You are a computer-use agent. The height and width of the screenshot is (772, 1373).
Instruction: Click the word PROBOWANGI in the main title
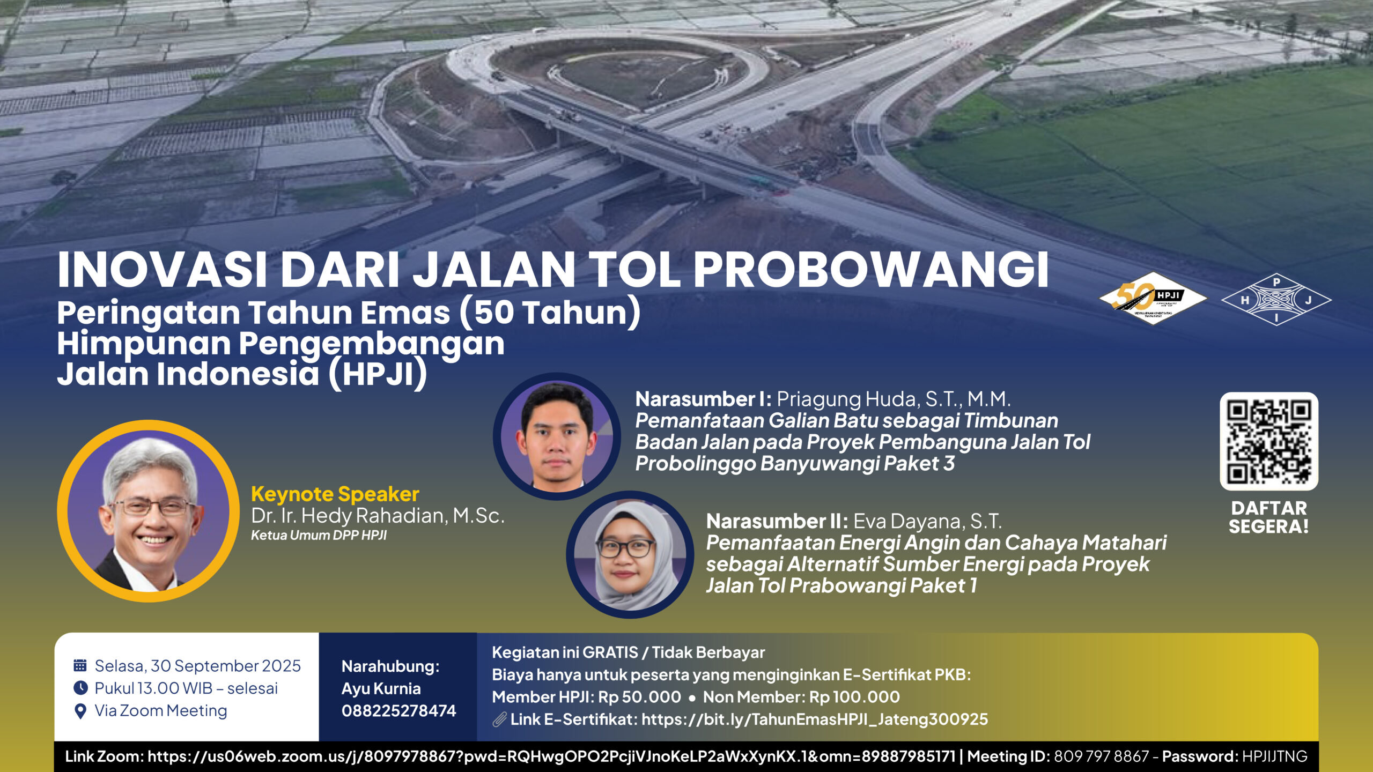click(x=870, y=269)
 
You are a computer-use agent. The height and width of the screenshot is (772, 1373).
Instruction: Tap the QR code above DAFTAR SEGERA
click(x=1269, y=441)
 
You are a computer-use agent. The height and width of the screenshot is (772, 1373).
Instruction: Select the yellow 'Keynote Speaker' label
click(x=335, y=494)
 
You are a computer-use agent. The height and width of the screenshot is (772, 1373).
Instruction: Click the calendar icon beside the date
click(x=80, y=665)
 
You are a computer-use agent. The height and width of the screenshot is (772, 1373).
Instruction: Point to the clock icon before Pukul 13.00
click(x=80, y=688)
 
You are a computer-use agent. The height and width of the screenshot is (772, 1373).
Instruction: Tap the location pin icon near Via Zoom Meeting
click(x=80, y=711)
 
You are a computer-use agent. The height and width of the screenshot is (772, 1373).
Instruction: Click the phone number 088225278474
click(x=398, y=711)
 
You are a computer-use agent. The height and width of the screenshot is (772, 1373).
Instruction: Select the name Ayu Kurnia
click(x=381, y=688)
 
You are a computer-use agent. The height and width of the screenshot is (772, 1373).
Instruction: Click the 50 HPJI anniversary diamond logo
click(x=1153, y=298)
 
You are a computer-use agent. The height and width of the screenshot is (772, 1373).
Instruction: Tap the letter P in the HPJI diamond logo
click(x=1276, y=281)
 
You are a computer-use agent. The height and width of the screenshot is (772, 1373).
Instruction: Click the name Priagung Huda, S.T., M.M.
click(x=894, y=399)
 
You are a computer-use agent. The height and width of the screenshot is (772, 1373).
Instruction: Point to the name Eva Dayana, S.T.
click(x=927, y=521)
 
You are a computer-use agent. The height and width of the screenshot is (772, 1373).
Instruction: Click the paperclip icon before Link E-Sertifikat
click(x=500, y=719)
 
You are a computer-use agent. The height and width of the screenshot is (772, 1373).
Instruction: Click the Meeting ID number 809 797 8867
click(x=1101, y=756)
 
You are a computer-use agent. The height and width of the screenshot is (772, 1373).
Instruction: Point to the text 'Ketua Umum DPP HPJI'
click(x=319, y=535)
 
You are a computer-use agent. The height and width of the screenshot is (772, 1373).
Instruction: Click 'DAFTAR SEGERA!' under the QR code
click(x=1269, y=517)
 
